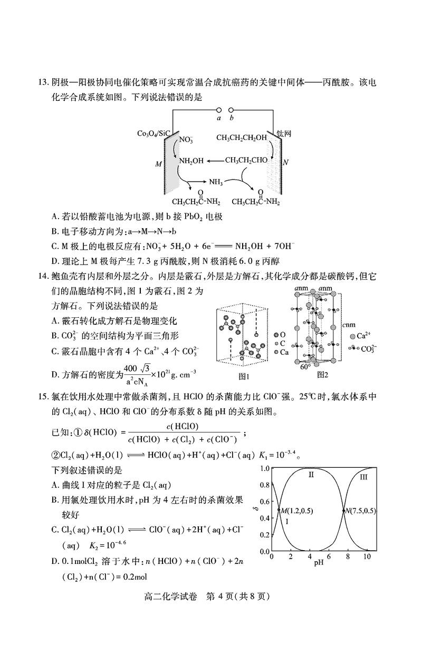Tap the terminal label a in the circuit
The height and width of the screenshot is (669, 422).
point(218,118)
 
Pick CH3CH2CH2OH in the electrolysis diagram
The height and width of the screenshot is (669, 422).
point(242,138)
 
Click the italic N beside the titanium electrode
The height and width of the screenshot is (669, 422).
point(285,163)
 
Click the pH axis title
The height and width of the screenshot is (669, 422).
point(319,563)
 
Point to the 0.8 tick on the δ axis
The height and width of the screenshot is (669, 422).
point(264,485)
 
